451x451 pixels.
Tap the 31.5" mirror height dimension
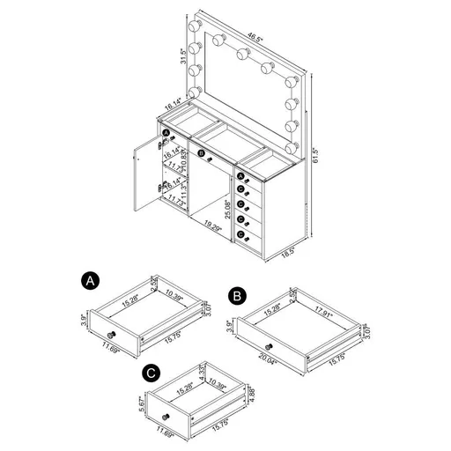click(183, 58)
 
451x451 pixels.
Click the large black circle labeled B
click(239, 297)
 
